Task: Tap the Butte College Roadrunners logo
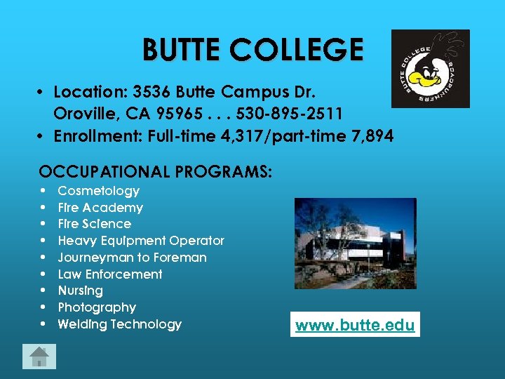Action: pyautogui.click(x=430, y=69)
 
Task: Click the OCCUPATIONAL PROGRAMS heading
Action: pyautogui.click(x=156, y=172)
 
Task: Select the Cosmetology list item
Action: pyautogui.click(x=98, y=191)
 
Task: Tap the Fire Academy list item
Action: pyautogui.click(x=100, y=208)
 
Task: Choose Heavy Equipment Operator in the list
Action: pyautogui.click(x=141, y=241)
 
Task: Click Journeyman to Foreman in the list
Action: pyautogui.click(x=132, y=258)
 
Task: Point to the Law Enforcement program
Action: pyautogui.click(x=110, y=274)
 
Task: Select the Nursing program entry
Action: pyautogui.click(x=80, y=291)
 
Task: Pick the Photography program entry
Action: pyautogui.click(x=97, y=307)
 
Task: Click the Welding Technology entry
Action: pyautogui.click(x=119, y=324)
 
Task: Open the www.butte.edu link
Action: pyautogui.click(x=355, y=325)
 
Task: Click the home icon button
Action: pyautogui.click(x=39, y=357)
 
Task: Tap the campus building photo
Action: pyautogui.click(x=355, y=243)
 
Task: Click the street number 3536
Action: pyautogui.click(x=151, y=92)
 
